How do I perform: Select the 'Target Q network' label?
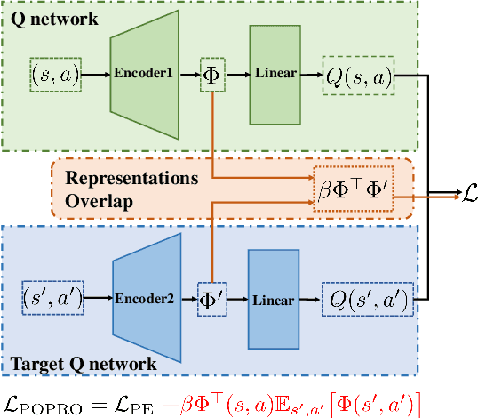coord(84,364)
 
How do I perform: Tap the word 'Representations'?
coord(131,178)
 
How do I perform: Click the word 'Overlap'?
coord(99,201)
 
